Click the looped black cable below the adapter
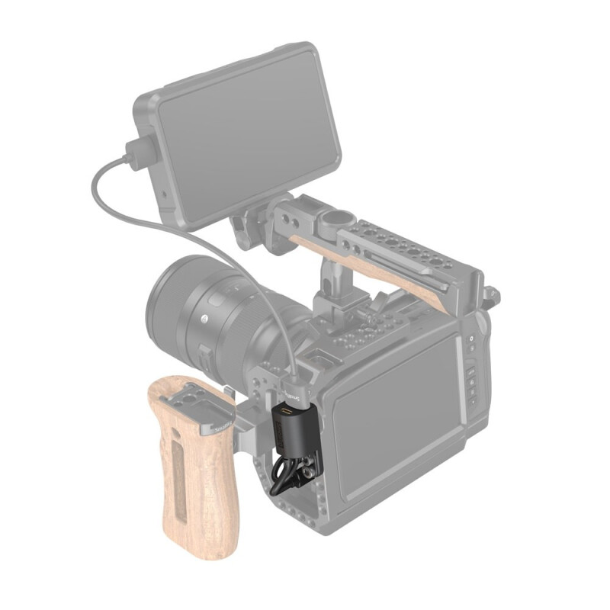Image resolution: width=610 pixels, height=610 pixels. point(281,477)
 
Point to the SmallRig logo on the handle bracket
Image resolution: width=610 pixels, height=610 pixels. point(219,424)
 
